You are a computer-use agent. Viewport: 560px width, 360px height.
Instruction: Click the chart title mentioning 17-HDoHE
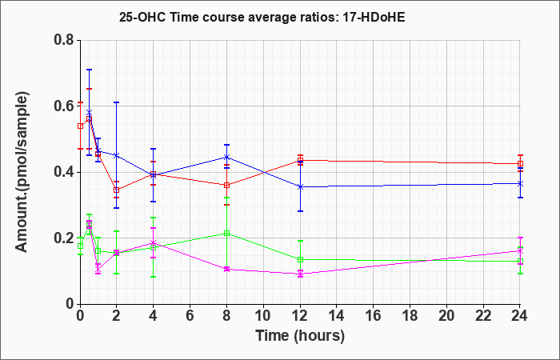(262, 18)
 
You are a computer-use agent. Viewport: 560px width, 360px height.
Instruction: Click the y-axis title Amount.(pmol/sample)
(22, 172)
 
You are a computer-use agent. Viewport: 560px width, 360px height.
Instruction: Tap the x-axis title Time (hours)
(300, 336)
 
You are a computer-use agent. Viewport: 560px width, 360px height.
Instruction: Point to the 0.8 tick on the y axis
(64, 40)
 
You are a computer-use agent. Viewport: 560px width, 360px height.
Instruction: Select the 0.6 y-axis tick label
(64, 106)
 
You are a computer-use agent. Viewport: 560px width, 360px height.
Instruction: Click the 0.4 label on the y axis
(64, 172)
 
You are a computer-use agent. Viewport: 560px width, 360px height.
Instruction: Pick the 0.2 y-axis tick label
(64, 238)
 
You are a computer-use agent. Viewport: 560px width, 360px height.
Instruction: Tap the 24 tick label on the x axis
(519, 316)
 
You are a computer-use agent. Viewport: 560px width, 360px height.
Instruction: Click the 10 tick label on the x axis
(263, 316)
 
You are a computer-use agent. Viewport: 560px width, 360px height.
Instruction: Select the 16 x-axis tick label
(373, 316)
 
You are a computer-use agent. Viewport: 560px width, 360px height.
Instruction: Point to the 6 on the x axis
(190, 316)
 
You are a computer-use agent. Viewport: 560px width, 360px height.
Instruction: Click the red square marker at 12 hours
(300, 160)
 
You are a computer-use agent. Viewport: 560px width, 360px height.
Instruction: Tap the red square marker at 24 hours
(520, 163)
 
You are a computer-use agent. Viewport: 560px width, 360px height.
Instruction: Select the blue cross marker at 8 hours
(226, 157)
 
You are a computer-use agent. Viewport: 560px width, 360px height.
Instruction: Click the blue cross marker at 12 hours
(300, 186)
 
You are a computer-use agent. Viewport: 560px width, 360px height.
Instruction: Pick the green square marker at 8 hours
(226, 234)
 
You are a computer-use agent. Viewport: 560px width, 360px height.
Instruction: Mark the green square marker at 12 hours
(300, 260)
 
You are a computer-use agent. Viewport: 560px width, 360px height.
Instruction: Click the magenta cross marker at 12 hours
(300, 274)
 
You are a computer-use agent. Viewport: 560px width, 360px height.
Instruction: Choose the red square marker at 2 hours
(117, 190)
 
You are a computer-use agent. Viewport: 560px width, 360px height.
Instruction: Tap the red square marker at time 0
(80, 126)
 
